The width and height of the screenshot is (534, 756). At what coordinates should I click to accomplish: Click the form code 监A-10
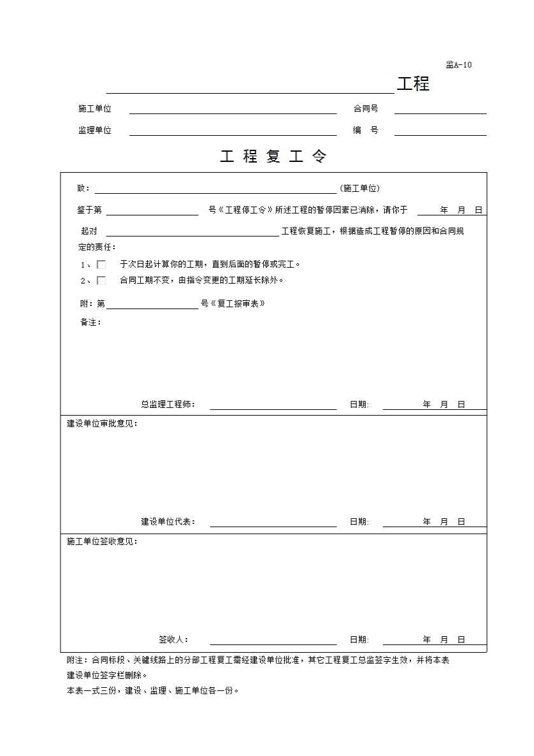pyautogui.click(x=459, y=64)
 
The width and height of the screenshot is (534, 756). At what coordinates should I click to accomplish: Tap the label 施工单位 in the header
pyautogui.click(x=94, y=109)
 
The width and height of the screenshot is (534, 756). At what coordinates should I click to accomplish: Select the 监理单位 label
pyautogui.click(x=94, y=130)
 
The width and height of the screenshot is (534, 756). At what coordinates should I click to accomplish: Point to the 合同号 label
pyautogui.click(x=366, y=109)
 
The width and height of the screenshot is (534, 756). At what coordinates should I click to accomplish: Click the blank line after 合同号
pyautogui.click(x=440, y=110)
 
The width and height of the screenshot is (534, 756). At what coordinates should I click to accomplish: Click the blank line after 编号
pyautogui.click(x=440, y=132)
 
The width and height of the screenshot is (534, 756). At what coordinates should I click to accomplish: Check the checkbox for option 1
pyautogui.click(x=101, y=265)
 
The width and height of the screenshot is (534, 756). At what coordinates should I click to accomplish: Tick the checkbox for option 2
pyautogui.click(x=101, y=280)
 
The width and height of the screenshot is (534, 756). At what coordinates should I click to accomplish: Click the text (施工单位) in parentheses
pyautogui.click(x=360, y=189)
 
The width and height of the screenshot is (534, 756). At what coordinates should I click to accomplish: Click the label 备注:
pyautogui.click(x=90, y=323)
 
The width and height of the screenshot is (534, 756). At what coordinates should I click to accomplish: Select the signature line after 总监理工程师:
pyautogui.click(x=273, y=405)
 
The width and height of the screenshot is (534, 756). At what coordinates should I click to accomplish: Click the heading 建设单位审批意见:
pyautogui.click(x=102, y=423)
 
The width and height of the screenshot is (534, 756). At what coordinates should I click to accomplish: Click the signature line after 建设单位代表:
pyautogui.click(x=273, y=523)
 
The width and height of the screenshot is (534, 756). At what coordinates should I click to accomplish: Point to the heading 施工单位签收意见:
pyautogui.click(x=102, y=541)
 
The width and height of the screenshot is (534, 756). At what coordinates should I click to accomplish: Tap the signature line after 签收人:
pyautogui.click(x=273, y=641)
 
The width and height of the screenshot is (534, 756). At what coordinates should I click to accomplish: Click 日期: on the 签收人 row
pyautogui.click(x=359, y=640)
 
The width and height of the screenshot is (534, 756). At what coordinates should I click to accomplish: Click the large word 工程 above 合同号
pyautogui.click(x=413, y=84)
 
